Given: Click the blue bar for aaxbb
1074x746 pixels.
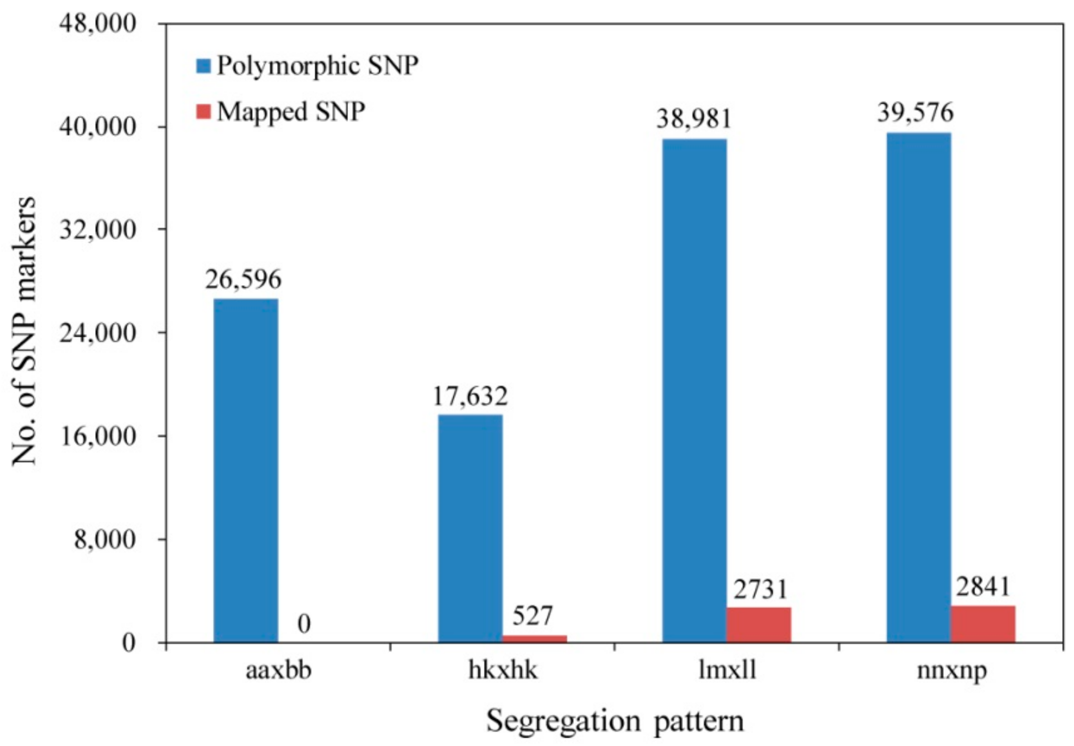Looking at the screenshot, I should tap(246, 470).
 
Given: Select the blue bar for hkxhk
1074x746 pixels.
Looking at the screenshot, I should tap(470, 528).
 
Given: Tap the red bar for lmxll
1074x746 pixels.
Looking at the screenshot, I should tap(758, 624).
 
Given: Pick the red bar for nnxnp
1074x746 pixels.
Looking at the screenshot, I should tap(983, 623).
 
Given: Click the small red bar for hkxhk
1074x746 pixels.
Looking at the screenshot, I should tap(534, 638).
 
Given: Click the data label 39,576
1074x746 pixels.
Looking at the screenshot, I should tap(915, 113).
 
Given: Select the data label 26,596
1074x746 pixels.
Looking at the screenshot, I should tap(243, 280).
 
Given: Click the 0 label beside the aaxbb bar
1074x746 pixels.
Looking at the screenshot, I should tap(304, 624).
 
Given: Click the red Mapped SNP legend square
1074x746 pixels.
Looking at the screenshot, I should tap(203, 112).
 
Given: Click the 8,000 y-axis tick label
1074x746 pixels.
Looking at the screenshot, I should tap(104, 540).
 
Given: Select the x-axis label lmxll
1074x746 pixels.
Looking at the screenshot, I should tap(727, 670).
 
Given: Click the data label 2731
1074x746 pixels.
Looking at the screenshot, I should tap(760, 589).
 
